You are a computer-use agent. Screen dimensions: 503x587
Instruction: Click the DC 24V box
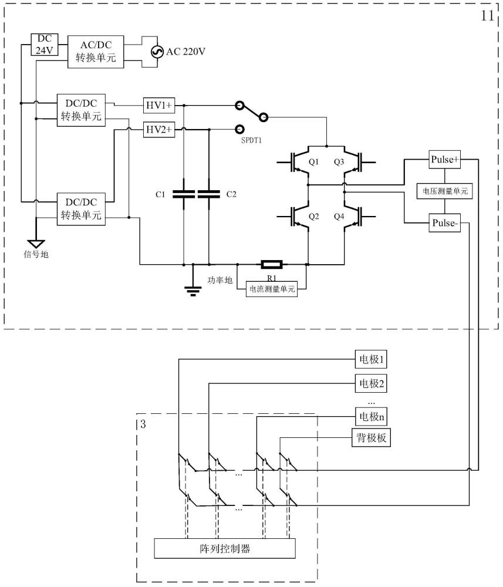point(44,45)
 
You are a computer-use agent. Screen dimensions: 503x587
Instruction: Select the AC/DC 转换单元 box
point(96,52)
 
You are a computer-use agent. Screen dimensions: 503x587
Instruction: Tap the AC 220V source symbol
point(157,52)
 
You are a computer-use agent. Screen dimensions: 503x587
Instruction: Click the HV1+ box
point(159,106)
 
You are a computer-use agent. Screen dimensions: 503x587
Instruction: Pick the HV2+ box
point(159,130)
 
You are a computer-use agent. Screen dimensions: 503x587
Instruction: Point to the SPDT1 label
point(251,140)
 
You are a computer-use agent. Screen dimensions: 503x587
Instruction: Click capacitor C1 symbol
point(184,194)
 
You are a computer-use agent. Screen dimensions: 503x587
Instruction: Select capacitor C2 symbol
point(209,194)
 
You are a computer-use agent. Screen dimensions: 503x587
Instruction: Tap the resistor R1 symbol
point(272,265)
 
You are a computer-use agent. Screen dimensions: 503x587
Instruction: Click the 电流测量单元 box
point(272,289)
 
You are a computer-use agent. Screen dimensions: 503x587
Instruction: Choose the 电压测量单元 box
point(445,191)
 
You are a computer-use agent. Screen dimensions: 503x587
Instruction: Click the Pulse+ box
point(445,160)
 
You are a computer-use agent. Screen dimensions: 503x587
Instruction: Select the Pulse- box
point(445,223)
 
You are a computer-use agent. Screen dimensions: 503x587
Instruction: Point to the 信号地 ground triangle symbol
point(36,244)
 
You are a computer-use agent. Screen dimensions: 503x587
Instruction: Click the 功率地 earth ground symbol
point(193,291)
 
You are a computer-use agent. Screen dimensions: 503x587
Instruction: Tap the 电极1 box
point(371,360)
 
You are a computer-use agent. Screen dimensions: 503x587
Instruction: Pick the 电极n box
point(371,417)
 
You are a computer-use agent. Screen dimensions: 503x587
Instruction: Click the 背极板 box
point(372,438)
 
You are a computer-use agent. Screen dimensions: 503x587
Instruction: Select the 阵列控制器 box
point(225,548)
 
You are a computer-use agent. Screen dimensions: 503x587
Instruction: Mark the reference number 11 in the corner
point(488,16)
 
